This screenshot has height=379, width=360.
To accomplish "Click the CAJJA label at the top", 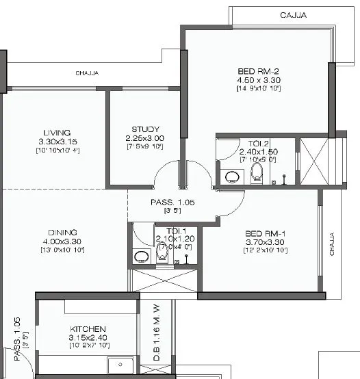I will coord(293,14).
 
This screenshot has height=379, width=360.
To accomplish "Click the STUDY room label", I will coord(145,129).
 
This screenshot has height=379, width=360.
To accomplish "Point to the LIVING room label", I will coord(57,133).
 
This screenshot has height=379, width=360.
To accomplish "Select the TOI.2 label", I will coord(249,143).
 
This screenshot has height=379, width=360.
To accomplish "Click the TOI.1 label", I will coord(166,231).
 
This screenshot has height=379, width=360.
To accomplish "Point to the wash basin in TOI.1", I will coord(142,257).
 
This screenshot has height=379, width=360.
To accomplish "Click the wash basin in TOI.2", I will coord(230,175).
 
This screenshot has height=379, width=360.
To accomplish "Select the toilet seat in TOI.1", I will coord(162,254).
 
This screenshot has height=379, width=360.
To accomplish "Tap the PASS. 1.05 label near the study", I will coord(172,202).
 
